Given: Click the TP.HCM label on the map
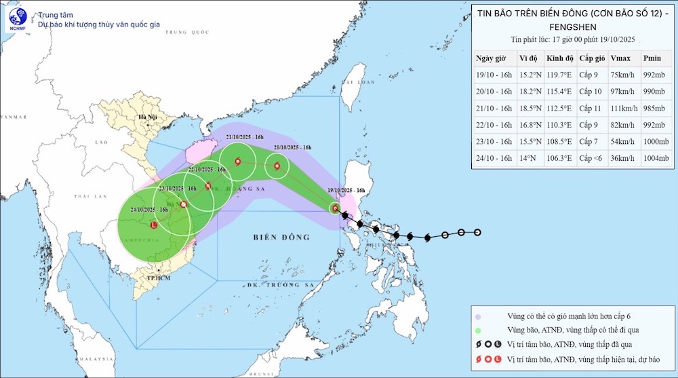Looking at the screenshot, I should pyautogui.click(x=157, y=278).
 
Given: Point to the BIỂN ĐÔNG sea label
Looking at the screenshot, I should pyautogui.click(x=281, y=238).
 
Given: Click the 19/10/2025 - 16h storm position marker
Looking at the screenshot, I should pyautogui.click(x=336, y=209).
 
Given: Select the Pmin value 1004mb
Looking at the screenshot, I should pyautogui.click(x=655, y=158).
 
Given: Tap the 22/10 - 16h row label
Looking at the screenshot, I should pyautogui.click(x=494, y=125).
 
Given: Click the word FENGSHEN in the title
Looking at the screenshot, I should pyautogui.click(x=570, y=26).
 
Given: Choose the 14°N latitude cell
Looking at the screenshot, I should pyautogui.click(x=523, y=158).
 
